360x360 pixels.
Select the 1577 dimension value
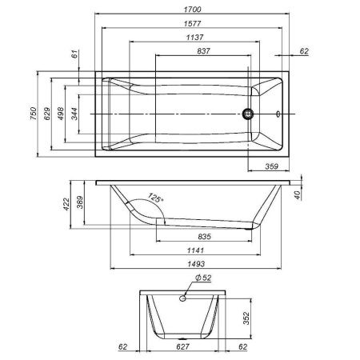191,24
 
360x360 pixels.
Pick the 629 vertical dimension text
47,114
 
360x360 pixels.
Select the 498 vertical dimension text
61,114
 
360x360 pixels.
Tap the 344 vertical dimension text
75,114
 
